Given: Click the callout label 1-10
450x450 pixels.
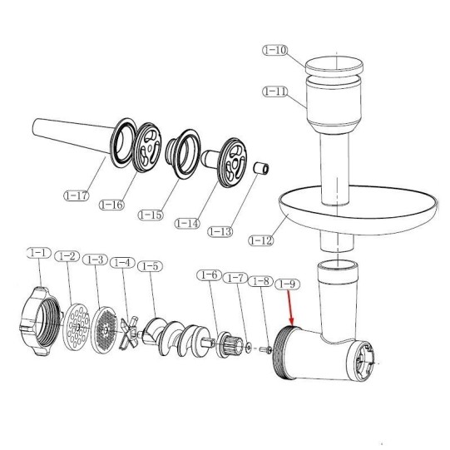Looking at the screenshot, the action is pyautogui.click(x=275, y=50).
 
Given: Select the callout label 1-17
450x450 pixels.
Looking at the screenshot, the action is pyautogui.click(x=77, y=195).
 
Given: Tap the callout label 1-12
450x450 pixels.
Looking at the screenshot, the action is pyautogui.click(x=261, y=240).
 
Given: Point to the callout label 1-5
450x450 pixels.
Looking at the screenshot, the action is pyautogui.click(x=150, y=266).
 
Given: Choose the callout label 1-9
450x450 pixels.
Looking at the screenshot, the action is pyautogui.click(x=288, y=284).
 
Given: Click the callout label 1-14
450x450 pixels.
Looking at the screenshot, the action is pyautogui.click(x=188, y=223).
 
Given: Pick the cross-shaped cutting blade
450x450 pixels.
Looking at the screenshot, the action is pyautogui.click(x=129, y=333).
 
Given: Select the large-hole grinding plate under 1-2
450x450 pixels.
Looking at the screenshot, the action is pyautogui.click(x=76, y=327).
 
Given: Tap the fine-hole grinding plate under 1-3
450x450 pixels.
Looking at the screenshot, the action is pyautogui.click(x=104, y=330).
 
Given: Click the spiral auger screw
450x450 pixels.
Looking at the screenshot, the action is pyautogui.click(x=176, y=339).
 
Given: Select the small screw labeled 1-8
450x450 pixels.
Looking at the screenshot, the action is pyautogui.click(x=265, y=349).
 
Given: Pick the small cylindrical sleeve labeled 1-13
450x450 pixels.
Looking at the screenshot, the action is pyautogui.click(x=261, y=168).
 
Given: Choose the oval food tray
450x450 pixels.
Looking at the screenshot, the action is pyautogui.click(x=358, y=210).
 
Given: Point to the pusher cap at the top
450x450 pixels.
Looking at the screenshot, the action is pyautogui.click(x=334, y=65).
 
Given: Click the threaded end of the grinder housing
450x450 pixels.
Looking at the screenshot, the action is pyautogui.click(x=281, y=353).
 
